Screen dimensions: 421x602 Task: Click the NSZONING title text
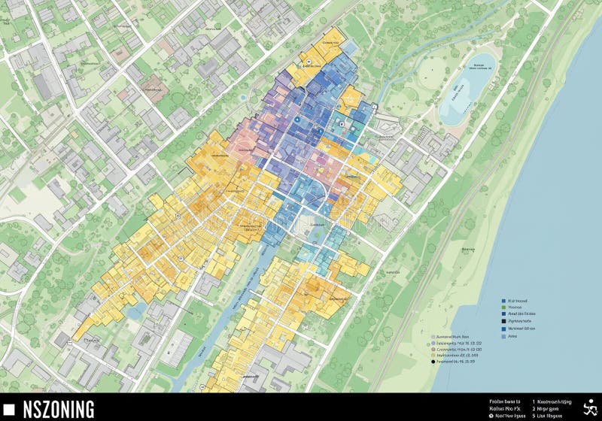coord(59,409)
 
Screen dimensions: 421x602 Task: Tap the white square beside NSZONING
coord(10,409)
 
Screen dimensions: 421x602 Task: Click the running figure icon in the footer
coord(591,406)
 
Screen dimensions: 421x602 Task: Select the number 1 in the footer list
coord(534,401)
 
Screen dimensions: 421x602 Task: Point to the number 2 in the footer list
coord(534,408)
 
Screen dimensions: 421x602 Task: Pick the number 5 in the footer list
coord(534,415)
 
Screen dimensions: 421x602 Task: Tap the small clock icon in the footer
coord(491,415)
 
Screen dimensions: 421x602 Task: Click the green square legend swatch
coord(503,307)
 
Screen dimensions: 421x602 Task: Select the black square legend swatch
coord(503,321)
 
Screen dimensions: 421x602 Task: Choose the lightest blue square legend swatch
coord(503,336)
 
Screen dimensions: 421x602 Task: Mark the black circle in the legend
coord(433,362)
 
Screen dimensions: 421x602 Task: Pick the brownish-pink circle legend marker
coord(433,350)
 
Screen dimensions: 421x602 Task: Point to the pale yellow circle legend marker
coord(433,356)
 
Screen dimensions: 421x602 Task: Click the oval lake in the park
coord(467,89)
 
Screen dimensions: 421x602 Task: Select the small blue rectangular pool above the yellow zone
coord(242,97)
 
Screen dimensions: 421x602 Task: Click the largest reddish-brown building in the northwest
coord(154,87)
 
